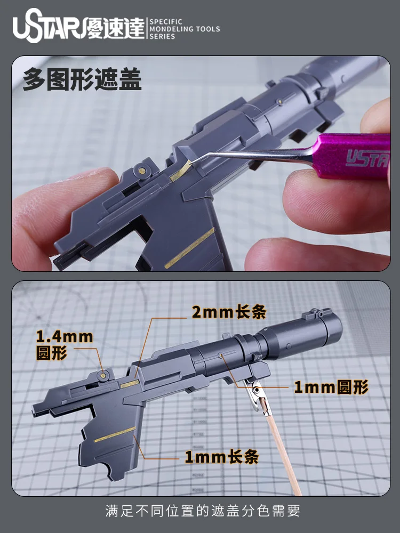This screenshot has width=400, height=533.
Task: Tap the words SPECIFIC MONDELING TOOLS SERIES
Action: pyautogui.click(x=185, y=29)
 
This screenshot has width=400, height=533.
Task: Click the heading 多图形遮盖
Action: pyautogui.click(x=82, y=79)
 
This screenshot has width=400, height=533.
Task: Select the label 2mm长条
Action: pyautogui.click(x=229, y=312)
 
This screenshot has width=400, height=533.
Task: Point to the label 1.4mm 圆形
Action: pyautogui.click(x=65, y=345)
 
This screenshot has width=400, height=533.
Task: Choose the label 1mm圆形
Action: pyautogui.click(x=331, y=387)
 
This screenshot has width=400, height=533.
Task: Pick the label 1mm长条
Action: pyautogui.click(x=221, y=457)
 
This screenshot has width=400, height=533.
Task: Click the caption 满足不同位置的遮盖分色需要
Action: pyautogui.click(x=203, y=511)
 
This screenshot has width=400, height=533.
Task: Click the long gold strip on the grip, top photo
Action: pyautogui.click(x=190, y=248)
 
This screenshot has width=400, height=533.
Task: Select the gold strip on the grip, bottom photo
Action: pyautogui.click(x=115, y=434)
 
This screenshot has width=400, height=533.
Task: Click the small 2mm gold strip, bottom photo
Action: pyautogui.click(x=130, y=384)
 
